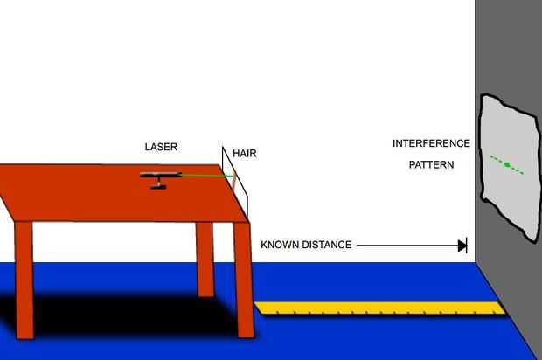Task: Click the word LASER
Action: [162, 147]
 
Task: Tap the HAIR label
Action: [245, 154]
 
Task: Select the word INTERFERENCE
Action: [431, 143]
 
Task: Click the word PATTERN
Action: [431, 163]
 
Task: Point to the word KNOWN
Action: [281, 246]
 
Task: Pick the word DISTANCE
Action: [325, 246]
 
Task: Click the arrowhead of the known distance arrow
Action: [461, 246]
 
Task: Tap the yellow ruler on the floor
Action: [376, 308]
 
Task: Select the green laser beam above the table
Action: [206, 176]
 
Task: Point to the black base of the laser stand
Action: [158, 187]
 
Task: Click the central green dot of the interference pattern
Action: [507, 164]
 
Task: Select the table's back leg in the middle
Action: [205, 258]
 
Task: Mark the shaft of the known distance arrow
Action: [406, 246]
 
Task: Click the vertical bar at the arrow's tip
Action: [467, 246]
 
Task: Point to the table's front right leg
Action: [244, 280]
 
